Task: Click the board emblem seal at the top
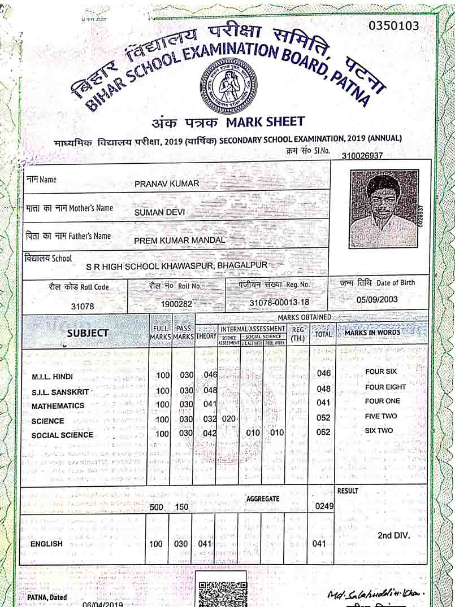[x=228, y=86]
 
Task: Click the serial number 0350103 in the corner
[x=394, y=26]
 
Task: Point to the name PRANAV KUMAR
[x=167, y=184]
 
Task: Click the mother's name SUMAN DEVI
[x=160, y=212]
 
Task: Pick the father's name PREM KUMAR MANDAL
[x=179, y=240]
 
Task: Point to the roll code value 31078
[x=82, y=307]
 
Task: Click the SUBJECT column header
[x=87, y=333]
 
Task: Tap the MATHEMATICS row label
[x=58, y=406]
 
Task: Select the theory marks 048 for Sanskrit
[x=210, y=390]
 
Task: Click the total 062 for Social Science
[x=323, y=433]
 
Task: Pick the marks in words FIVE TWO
[x=381, y=416]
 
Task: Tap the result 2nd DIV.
[x=394, y=535]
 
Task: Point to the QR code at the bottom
[x=223, y=593]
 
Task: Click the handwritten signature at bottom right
[x=376, y=595]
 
